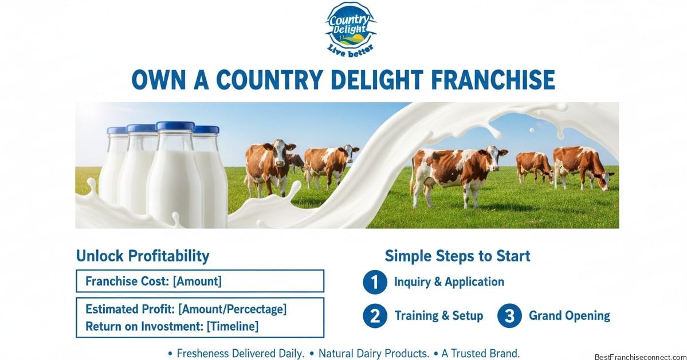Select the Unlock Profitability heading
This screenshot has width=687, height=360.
[x=143, y=256]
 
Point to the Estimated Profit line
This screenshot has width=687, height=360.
[x=186, y=310]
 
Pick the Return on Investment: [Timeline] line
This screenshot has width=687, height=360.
[x=171, y=327]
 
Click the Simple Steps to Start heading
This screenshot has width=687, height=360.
[x=457, y=256]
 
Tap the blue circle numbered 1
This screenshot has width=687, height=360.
[x=375, y=282]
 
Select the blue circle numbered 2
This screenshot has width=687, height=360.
[x=375, y=316]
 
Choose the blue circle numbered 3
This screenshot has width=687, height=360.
[x=509, y=316]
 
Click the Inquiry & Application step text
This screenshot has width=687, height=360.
[x=449, y=282]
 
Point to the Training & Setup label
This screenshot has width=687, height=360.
[x=438, y=316]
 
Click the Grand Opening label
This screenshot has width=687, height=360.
[x=569, y=316]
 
